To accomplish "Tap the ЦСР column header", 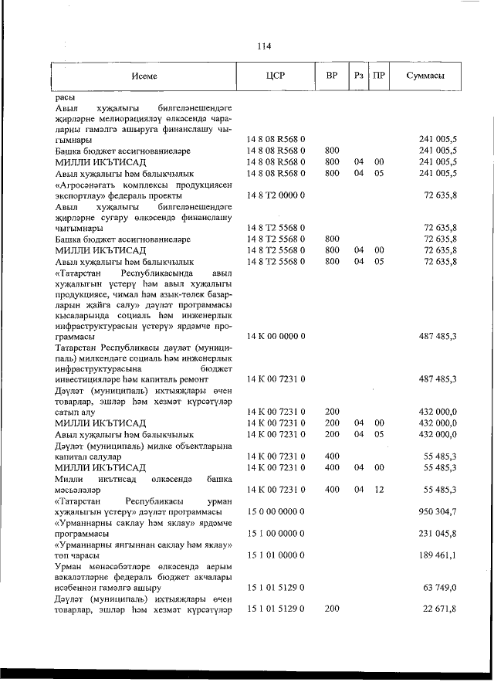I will point(275,76).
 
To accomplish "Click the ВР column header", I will point(332,76).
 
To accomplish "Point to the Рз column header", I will point(358,76).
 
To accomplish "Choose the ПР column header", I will point(378,76).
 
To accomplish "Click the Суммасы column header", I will point(426,76).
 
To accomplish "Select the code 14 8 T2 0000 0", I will point(276,196).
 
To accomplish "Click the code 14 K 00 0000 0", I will point(276,337).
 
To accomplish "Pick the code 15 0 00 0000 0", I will point(276,513).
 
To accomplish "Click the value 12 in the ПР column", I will point(378,490).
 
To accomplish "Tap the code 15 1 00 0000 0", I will point(276,534).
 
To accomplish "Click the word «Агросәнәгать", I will point(86,185).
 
